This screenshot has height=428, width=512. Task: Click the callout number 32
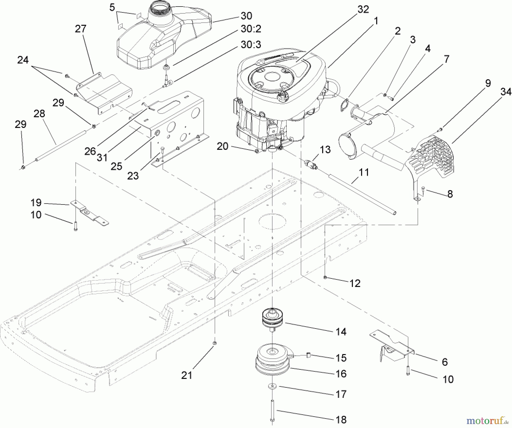[x=363, y=10]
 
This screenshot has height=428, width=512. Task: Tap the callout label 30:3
[x=251, y=45]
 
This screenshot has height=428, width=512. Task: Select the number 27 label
[x=80, y=29]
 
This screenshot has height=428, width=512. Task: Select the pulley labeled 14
[x=272, y=319]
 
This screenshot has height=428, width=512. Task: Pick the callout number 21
[x=187, y=375]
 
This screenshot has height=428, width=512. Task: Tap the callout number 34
[x=506, y=92]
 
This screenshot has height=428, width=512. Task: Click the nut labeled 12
[x=325, y=277]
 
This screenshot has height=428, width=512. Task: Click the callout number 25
[x=116, y=166]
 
